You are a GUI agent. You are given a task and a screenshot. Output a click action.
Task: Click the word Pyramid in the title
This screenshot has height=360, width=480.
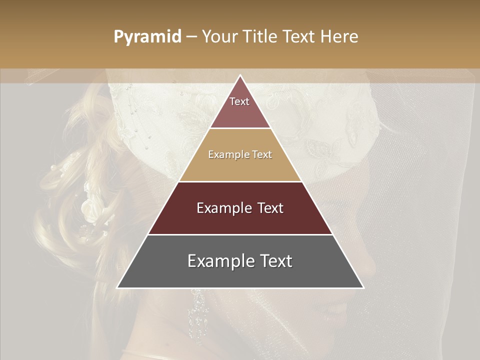(147, 37)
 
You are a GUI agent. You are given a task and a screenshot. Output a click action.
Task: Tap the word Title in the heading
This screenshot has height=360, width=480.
(259, 36)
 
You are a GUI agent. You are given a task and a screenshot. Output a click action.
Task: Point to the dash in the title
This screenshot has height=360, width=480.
(191, 37)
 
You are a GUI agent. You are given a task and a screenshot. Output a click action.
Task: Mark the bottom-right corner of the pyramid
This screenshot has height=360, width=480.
(363, 287)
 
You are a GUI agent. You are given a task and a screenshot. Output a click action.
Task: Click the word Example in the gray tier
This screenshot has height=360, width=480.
(216, 261)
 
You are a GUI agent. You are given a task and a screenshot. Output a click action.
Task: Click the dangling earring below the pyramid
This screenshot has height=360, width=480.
(198, 315)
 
